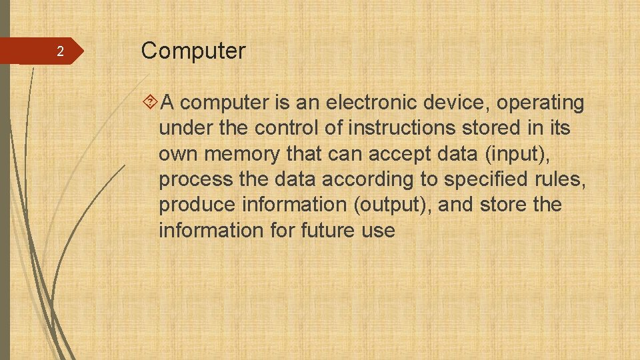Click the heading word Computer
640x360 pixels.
[193, 51]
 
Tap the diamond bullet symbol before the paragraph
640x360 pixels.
[150, 103]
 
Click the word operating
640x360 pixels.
[541, 104]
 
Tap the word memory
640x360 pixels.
[243, 154]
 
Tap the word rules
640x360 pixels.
[563, 179]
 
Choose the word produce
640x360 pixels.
[197, 205]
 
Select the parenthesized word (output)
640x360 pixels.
[395, 205]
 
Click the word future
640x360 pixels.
[329, 231]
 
